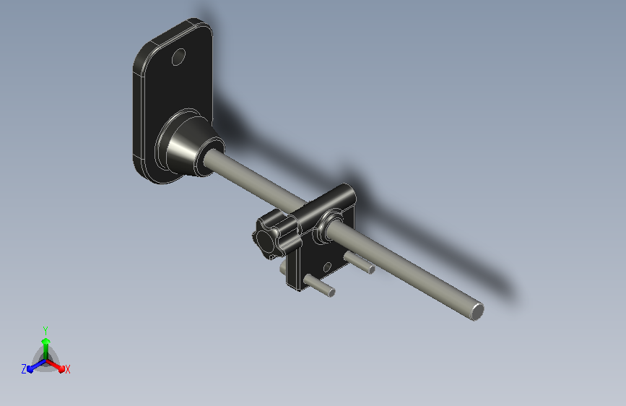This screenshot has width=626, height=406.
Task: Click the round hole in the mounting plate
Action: coord(178,57)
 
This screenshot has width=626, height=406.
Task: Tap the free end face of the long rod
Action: coord(477,311)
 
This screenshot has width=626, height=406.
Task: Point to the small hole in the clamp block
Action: coord(327,267)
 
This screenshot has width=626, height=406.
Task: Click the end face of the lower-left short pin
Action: coord(331,293)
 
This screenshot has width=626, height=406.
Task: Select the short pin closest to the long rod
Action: coord(359,262)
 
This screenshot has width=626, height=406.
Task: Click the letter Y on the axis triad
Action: coord(45,330)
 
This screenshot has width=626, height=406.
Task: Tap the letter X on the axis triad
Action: coord(67,370)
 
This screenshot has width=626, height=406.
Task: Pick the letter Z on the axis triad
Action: coord(24,369)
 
